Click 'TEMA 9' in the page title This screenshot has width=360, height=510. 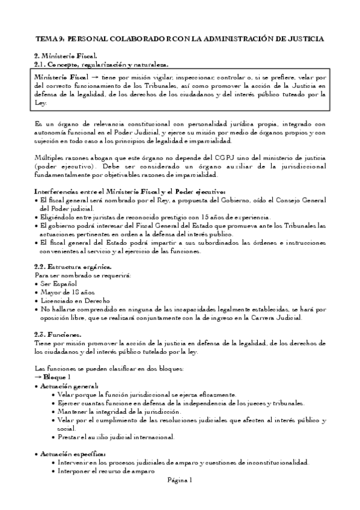(x=47, y=38)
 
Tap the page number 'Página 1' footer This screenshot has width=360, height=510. (x=180, y=480)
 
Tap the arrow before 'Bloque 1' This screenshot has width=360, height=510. (x=39, y=375)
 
